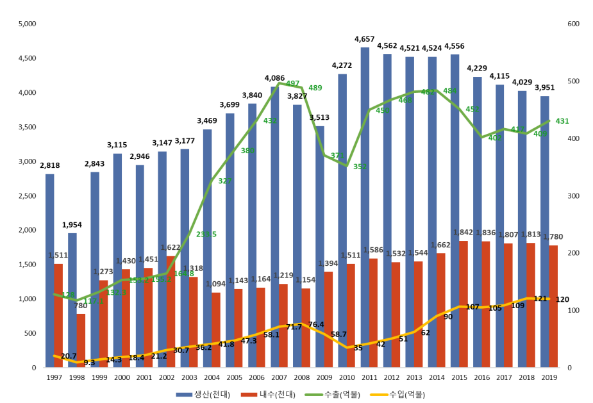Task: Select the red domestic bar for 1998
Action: tap(81, 340)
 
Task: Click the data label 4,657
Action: tap(365, 40)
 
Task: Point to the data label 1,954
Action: tap(72, 225)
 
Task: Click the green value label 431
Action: tap(562, 121)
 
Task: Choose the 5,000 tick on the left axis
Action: tap(29, 24)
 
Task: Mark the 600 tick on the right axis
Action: tap(573, 24)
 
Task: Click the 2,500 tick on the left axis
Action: tap(29, 195)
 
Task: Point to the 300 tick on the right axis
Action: tap(573, 195)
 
